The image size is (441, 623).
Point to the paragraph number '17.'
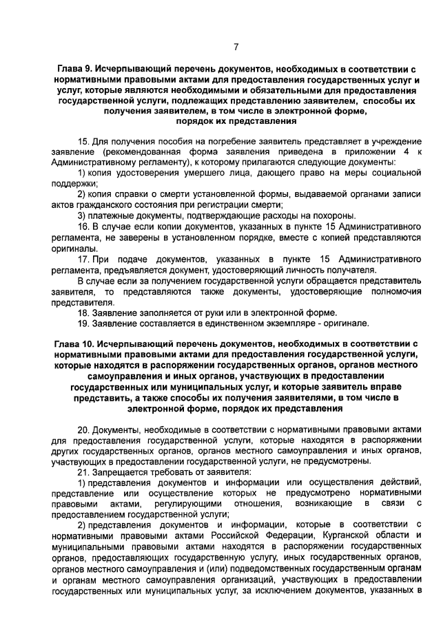pyautogui.click(x=85, y=258)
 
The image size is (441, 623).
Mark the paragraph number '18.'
pyautogui.click(x=85, y=313)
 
